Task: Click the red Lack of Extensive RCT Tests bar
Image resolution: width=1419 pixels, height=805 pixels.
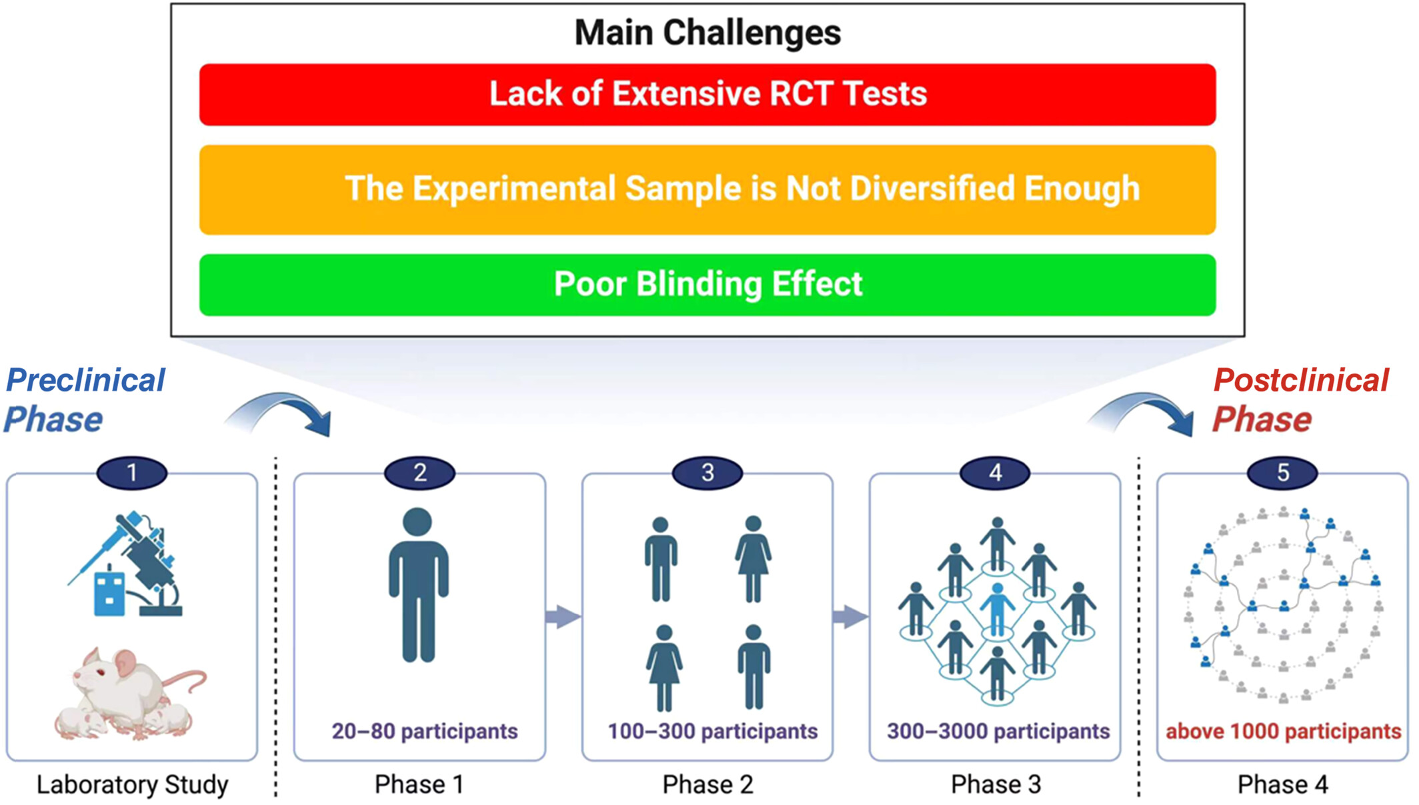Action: (x=707, y=94)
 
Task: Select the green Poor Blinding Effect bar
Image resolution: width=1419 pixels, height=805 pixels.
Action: (x=707, y=285)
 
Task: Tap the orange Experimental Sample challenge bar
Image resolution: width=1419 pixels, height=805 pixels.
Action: (x=707, y=189)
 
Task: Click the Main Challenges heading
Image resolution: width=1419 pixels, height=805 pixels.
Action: (x=707, y=32)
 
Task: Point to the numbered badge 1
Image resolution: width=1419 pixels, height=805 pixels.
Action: (x=132, y=473)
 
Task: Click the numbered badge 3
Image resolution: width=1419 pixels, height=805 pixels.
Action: (x=707, y=473)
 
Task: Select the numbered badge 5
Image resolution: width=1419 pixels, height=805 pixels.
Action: (x=1282, y=473)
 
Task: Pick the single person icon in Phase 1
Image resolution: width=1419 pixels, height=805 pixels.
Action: (x=419, y=584)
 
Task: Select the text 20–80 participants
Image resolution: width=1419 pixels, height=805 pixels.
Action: (x=425, y=731)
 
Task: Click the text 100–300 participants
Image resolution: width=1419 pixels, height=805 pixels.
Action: (x=712, y=731)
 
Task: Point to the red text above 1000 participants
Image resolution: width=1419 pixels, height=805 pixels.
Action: (x=1283, y=731)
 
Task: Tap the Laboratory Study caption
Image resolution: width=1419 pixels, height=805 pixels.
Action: (x=132, y=784)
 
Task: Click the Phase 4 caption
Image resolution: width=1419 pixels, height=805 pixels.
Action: (x=1282, y=784)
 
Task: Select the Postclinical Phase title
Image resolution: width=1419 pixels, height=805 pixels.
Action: (x=1300, y=399)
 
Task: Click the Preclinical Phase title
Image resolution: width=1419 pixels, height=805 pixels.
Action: (x=85, y=399)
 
